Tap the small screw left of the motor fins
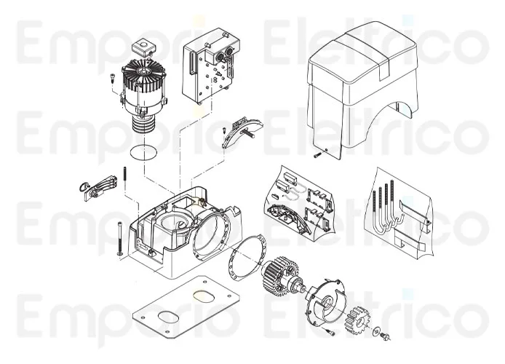click(113, 79)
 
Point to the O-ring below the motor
click(143, 154)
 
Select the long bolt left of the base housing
click(116, 237)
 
